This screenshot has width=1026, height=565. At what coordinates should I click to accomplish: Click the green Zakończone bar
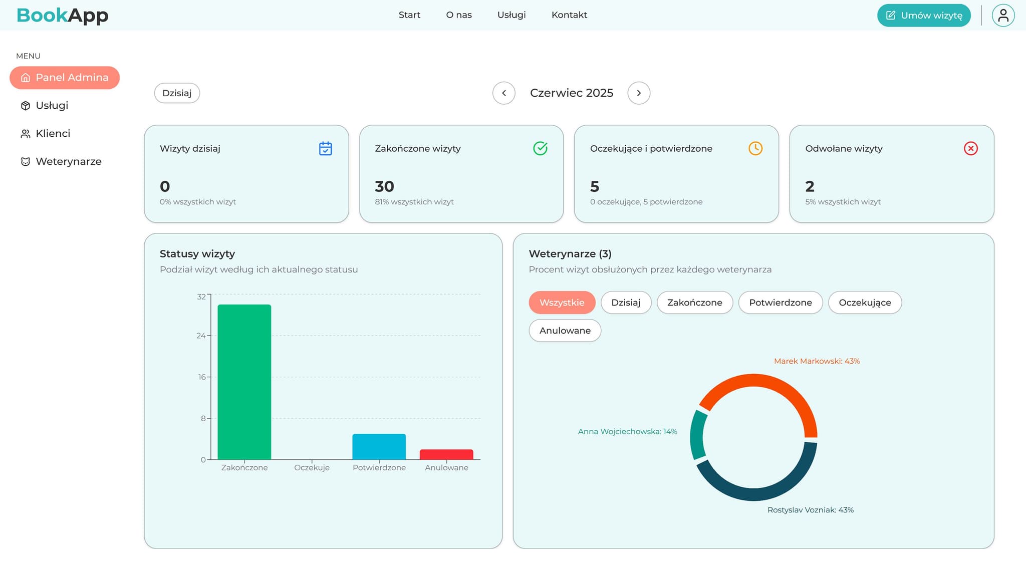click(x=244, y=382)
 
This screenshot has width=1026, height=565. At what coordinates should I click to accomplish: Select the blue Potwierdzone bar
click(x=379, y=447)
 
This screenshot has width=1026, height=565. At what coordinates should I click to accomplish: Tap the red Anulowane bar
click(x=446, y=454)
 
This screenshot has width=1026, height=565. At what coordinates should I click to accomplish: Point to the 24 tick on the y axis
click(x=201, y=336)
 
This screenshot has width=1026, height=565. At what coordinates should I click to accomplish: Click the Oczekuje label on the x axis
click(x=312, y=468)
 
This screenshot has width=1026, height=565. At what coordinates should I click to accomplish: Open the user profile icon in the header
click(x=1003, y=16)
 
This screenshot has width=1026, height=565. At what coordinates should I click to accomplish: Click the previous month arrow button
click(x=504, y=93)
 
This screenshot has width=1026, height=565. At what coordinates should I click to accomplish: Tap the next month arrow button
click(x=639, y=93)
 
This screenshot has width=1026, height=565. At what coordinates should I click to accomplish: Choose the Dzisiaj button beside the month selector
click(x=177, y=93)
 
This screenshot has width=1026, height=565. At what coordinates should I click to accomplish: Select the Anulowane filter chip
click(x=565, y=331)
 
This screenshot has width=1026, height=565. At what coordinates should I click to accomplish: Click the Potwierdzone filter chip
click(x=780, y=303)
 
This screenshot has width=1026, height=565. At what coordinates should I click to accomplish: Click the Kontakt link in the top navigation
click(x=569, y=15)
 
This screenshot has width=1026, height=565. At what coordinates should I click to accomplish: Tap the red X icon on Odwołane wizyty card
click(x=970, y=148)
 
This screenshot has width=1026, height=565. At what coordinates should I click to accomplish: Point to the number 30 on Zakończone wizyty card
click(x=384, y=186)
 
